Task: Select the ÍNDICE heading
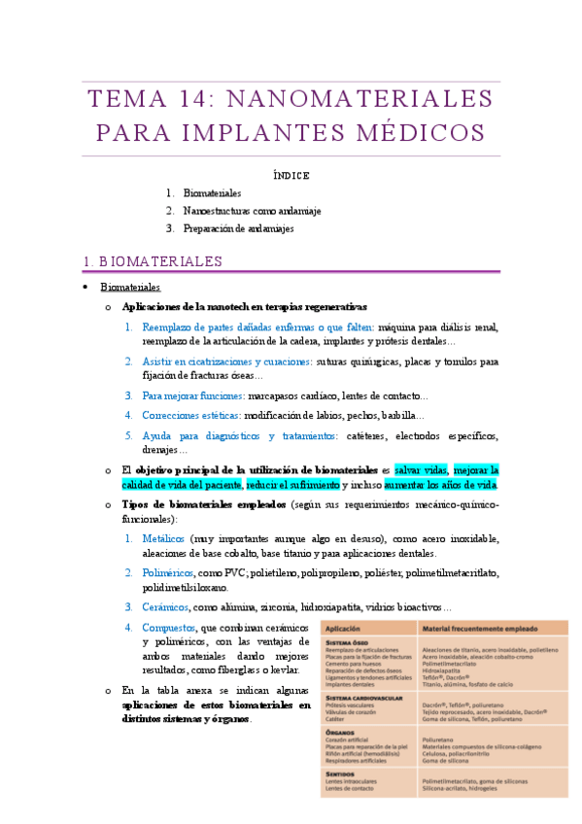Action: click(291, 176)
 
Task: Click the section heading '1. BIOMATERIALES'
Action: click(154, 260)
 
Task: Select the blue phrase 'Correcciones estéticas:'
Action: click(190, 415)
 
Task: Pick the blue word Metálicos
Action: click(163, 538)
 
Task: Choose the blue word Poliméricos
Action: click(167, 572)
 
